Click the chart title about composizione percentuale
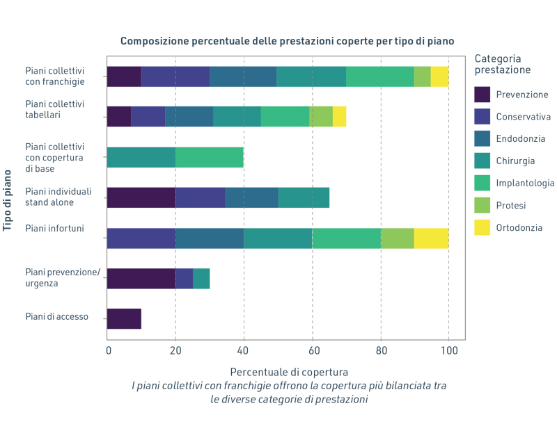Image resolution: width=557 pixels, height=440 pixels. point(287,41)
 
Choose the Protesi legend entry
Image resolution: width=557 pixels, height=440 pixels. point(511,205)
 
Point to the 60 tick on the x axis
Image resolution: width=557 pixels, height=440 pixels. point(313,351)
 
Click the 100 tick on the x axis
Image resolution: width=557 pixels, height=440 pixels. point(449,351)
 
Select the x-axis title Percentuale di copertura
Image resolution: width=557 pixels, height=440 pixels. point(289,372)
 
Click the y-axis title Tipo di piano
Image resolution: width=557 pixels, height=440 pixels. point(8,198)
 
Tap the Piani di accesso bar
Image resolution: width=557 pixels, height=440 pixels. point(124,319)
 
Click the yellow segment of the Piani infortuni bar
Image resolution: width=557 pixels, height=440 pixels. point(432,238)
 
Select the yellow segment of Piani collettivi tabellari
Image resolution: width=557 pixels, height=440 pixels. point(339,117)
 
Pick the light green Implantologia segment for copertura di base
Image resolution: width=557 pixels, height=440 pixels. point(210,157)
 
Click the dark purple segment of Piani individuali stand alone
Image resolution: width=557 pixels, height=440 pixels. point(141,197)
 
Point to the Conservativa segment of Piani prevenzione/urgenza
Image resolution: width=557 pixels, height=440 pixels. point(184,279)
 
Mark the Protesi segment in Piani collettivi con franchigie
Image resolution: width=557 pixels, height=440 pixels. point(423,76)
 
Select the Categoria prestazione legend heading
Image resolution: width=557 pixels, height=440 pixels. point(503,64)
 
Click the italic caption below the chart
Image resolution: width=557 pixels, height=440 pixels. point(289,393)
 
